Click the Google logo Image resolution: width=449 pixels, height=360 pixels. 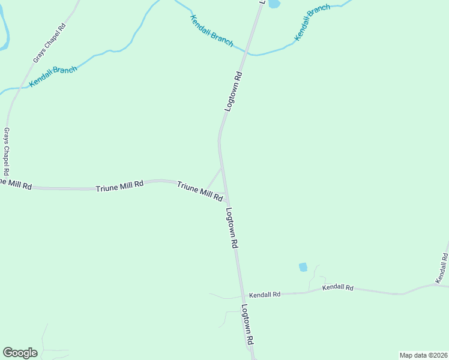[x=20, y=352]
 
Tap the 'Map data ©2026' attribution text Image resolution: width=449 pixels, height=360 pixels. [x=423, y=355]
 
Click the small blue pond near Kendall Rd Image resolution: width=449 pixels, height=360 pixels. [x=303, y=267]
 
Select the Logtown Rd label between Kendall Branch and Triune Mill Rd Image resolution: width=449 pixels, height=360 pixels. [x=234, y=92]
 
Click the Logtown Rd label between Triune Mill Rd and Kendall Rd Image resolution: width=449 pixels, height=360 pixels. [x=232, y=229]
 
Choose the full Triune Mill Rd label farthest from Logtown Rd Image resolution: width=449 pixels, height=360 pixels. [x=119, y=187]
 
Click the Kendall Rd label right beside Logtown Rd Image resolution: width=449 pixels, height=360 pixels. [x=265, y=295]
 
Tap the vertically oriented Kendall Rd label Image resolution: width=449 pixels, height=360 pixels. [x=442, y=268]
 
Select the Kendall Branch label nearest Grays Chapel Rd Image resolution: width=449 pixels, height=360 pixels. [x=53, y=77]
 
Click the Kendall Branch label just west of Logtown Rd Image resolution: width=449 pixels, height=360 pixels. [x=211, y=31]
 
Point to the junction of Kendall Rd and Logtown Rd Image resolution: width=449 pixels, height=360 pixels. [x=243, y=295]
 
